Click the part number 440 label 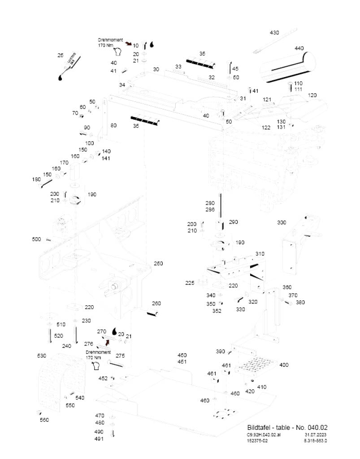click(299, 48)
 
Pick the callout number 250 click(158, 264)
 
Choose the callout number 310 click(260, 254)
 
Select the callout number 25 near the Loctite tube click(61, 55)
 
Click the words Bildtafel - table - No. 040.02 click(287, 427)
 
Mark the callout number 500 click(36, 239)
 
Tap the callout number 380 click(300, 302)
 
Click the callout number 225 click(190, 283)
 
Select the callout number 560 click(44, 420)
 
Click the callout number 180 click(36, 179)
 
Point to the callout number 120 click(312, 95)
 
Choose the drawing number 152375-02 click(258, 440)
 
